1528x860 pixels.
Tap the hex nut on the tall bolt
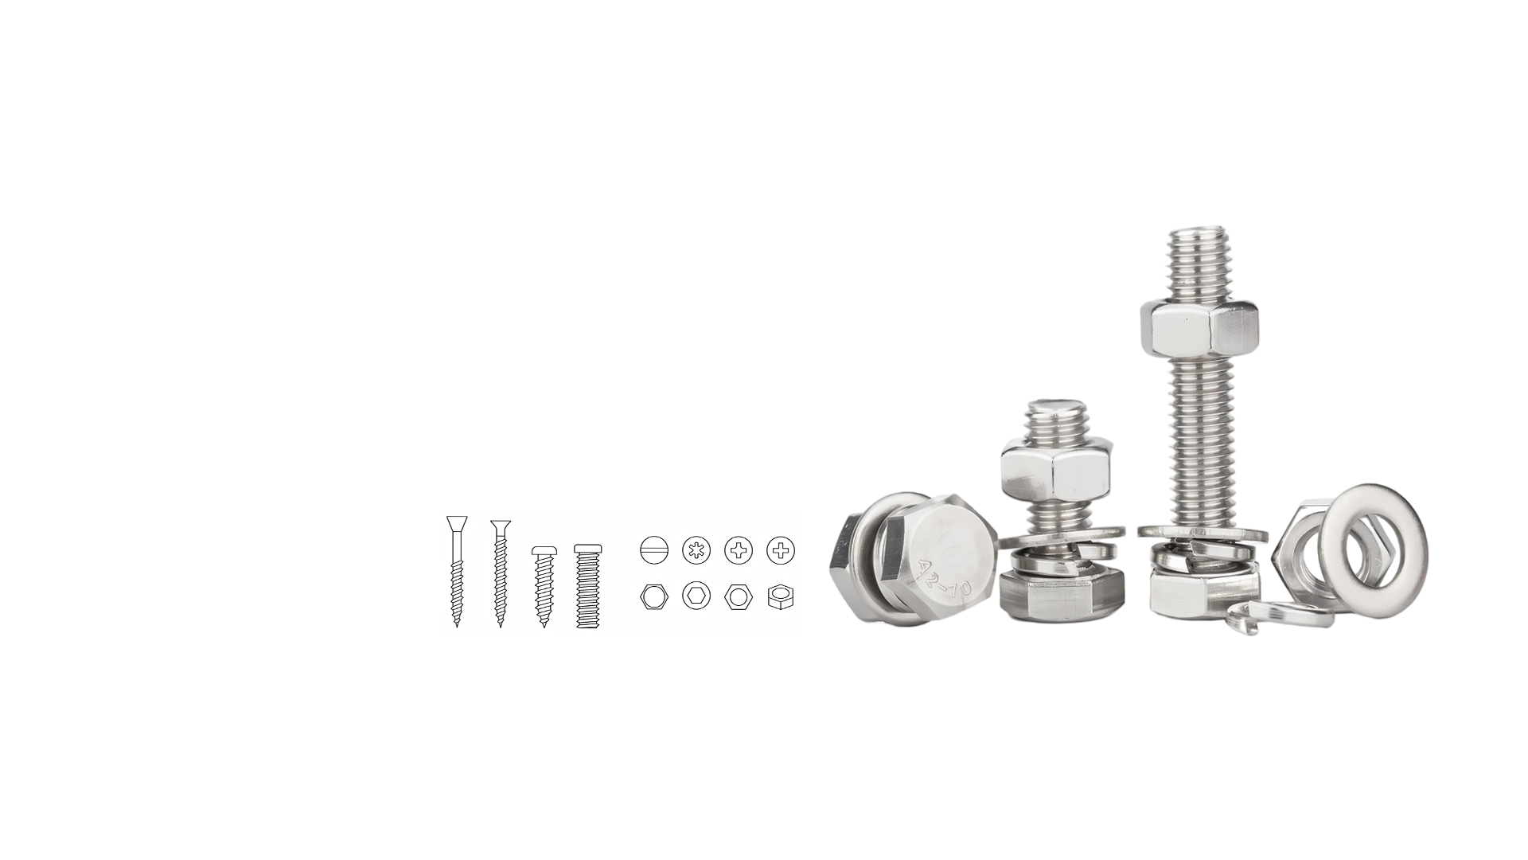pos(1188,328)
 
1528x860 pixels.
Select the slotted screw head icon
pos(653,549)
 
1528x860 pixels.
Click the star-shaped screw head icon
pos(696,549)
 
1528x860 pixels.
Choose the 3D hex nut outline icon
pos(781,597)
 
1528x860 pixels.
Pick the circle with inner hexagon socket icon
pos(696,596)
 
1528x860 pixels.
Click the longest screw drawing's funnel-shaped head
pos(457,525)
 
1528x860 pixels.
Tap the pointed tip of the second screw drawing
pos(500,623)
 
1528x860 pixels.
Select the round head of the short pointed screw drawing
pos(544,551)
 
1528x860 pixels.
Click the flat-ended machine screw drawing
pos(588,586)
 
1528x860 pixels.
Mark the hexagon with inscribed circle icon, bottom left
pos(653,597)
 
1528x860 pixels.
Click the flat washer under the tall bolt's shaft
pos(1202,531)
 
